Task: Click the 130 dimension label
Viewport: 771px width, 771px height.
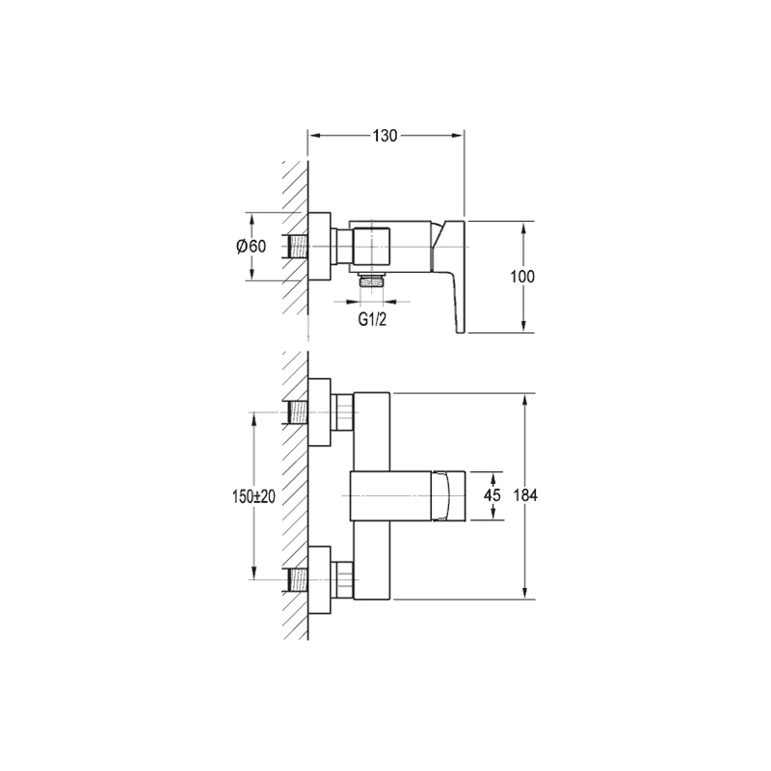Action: pyautogui.click(x=385, y=135)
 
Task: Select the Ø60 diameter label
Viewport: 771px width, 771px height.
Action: pyautogui.click(x=251, y=246)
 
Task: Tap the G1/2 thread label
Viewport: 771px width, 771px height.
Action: pyautogui.click(x=372, y=320)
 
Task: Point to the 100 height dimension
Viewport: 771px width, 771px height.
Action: pyautogui.click(x=522, y=277)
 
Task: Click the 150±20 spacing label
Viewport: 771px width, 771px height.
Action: pyautogui.click(x=253, y=496)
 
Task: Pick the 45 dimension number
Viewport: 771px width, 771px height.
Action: pyautogui.click(x=492, y=494)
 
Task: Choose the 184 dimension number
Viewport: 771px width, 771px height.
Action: pyautogui.click(x=525, y=495)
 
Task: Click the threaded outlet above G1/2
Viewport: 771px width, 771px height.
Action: pyautogui.click(x=372, y=280)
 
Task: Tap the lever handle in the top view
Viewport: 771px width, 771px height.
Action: pyautogui.click(x=448, y=277)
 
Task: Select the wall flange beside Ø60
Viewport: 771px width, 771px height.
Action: pyautogui.click(x=320, y=247)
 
